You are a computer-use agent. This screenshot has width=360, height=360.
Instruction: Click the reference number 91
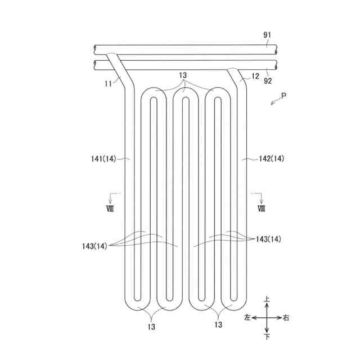[x=267, y=35]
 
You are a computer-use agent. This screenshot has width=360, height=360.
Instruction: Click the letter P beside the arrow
[x=284, y=96]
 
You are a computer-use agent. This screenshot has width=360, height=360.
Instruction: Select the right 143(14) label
[x=268, y=239]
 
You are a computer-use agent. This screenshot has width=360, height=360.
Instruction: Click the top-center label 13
[x=182, y=75]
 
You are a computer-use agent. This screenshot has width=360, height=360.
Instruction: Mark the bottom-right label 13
[x=218, y=325]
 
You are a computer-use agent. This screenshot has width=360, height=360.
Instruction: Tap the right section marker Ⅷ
[x=261, y=208]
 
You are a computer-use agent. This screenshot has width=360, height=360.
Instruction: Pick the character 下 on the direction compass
[x=267, y=336]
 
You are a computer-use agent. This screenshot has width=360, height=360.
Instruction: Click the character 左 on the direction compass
[x=247, y=318]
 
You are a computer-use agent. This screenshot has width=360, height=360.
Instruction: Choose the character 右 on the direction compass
[x=286, y=318]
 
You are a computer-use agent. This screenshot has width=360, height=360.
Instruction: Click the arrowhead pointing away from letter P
[x=272, y=103]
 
